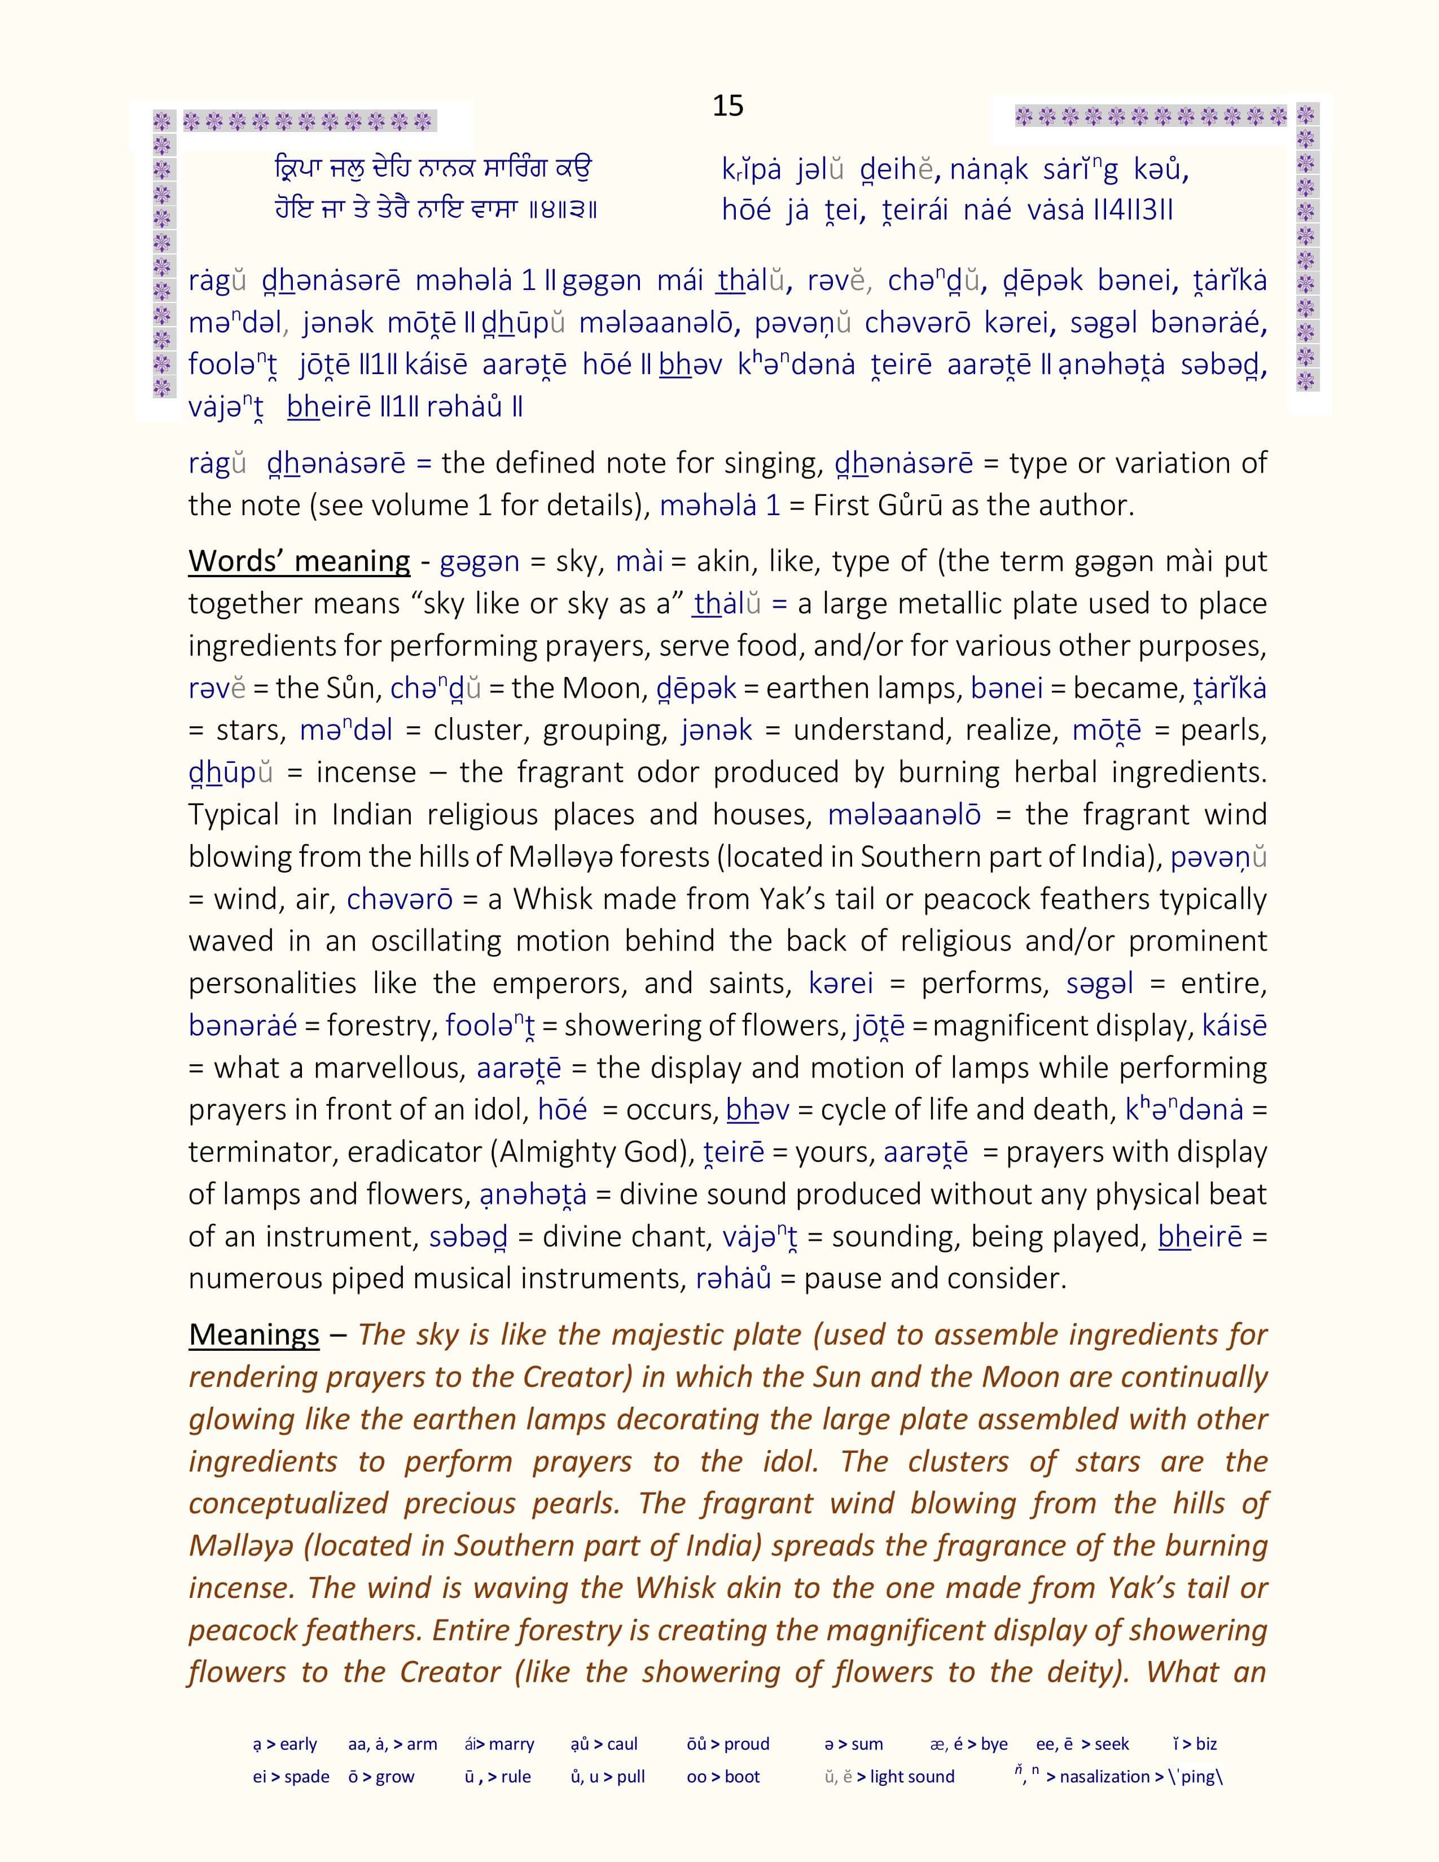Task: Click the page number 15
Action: [727, 106]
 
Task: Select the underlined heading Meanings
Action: [254, 1334]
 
